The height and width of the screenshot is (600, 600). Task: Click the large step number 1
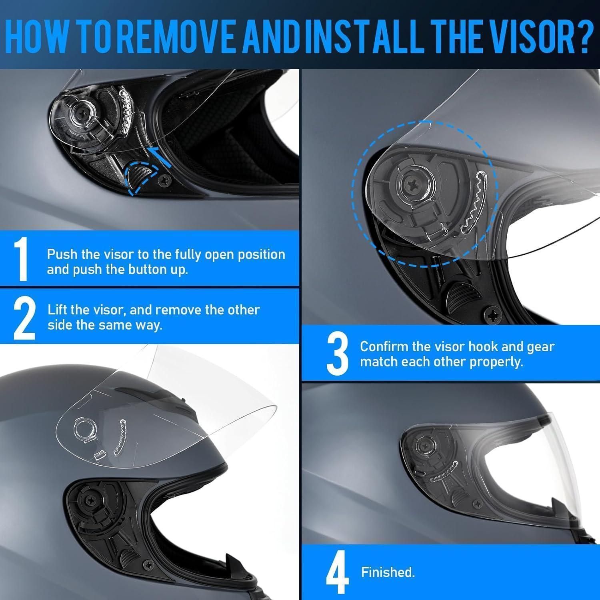[x=21, y=259]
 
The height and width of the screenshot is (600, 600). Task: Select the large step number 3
[x=338, y=354]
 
